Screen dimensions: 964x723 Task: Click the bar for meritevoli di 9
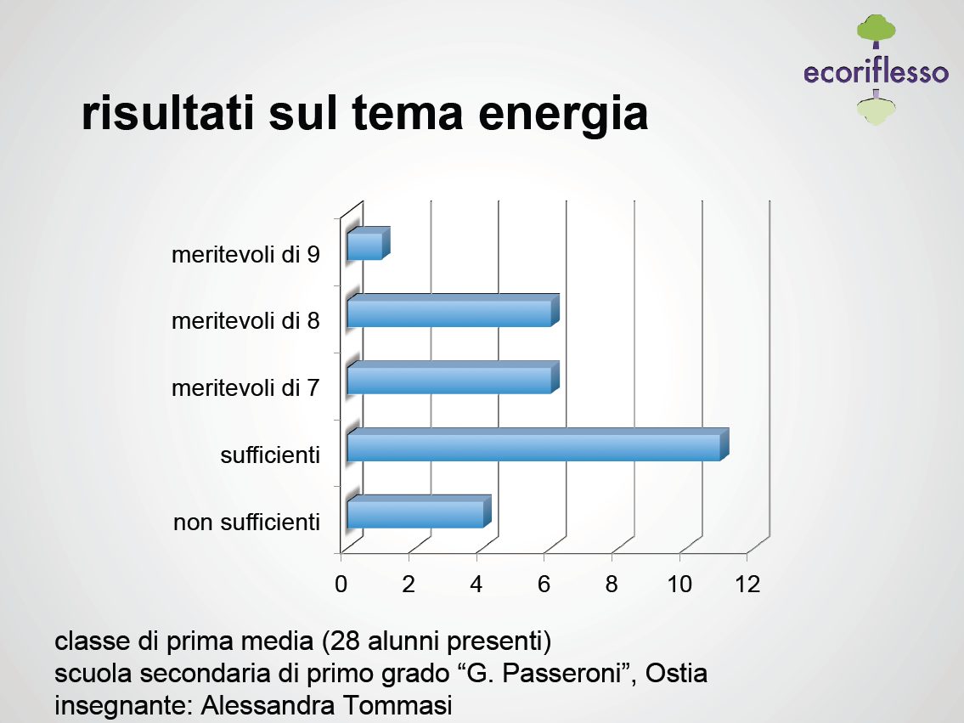coord(369,244)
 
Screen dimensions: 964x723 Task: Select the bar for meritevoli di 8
coord(453,310)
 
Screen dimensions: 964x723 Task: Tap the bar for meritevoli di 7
coord(453,377)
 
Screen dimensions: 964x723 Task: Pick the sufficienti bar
coord(538,444)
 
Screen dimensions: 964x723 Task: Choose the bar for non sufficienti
coord(420,511)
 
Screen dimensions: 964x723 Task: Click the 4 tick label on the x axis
coord(476,584)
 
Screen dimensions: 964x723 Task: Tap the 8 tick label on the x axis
coord(612,584)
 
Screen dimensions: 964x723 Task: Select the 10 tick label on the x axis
coord(679,584)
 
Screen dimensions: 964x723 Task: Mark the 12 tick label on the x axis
coord(747,584)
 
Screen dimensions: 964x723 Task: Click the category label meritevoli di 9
coord(246,255)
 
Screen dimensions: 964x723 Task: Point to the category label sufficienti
coord(270,455)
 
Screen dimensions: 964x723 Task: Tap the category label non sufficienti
coord(247,522)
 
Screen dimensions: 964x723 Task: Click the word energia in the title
coord(563,115)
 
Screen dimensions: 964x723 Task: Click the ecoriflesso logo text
coord(876,71)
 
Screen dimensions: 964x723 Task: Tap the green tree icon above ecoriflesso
coord(876,31)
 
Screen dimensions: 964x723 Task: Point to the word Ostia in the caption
coord(676,673)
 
